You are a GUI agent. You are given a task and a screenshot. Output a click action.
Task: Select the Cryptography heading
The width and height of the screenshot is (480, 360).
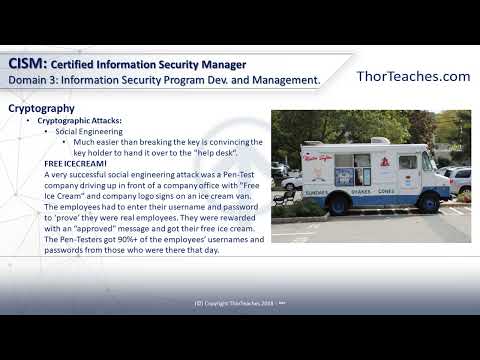tap(41, 107)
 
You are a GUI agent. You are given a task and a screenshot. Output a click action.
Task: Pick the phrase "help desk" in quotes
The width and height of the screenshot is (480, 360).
tap(205, 152)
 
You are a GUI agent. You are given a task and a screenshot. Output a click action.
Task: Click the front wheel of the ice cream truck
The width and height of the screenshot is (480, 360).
tap(428, 204)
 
